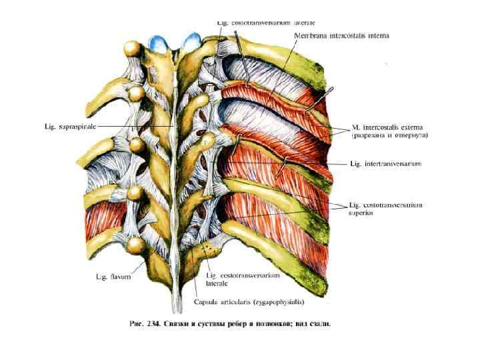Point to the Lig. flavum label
(116, 277)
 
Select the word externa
(409, 127)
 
